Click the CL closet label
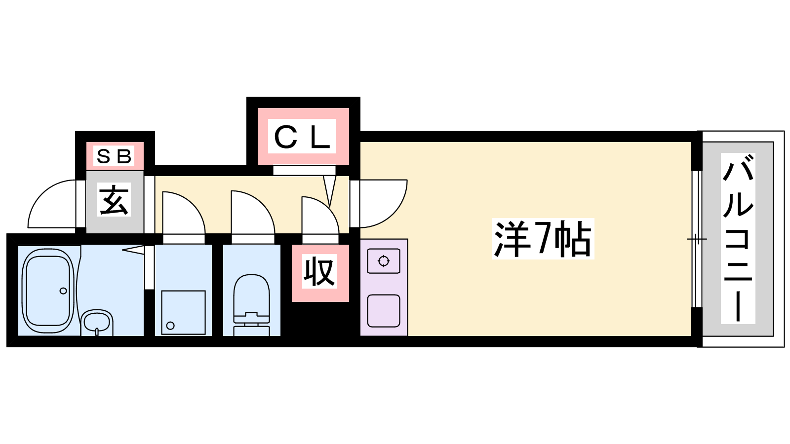(302, 137)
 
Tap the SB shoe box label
(114, 156)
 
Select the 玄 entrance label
(114, 200)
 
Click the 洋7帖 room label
(543, 239)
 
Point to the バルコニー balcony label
(738, 238)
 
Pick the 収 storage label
(319, 272)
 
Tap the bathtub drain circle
(63, 291)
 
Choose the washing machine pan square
(183, 312)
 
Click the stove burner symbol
(384, 261)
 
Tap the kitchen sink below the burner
(384, 310)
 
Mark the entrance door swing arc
(49, 202)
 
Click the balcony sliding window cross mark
(696, 239)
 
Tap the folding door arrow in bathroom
(133, 250)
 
